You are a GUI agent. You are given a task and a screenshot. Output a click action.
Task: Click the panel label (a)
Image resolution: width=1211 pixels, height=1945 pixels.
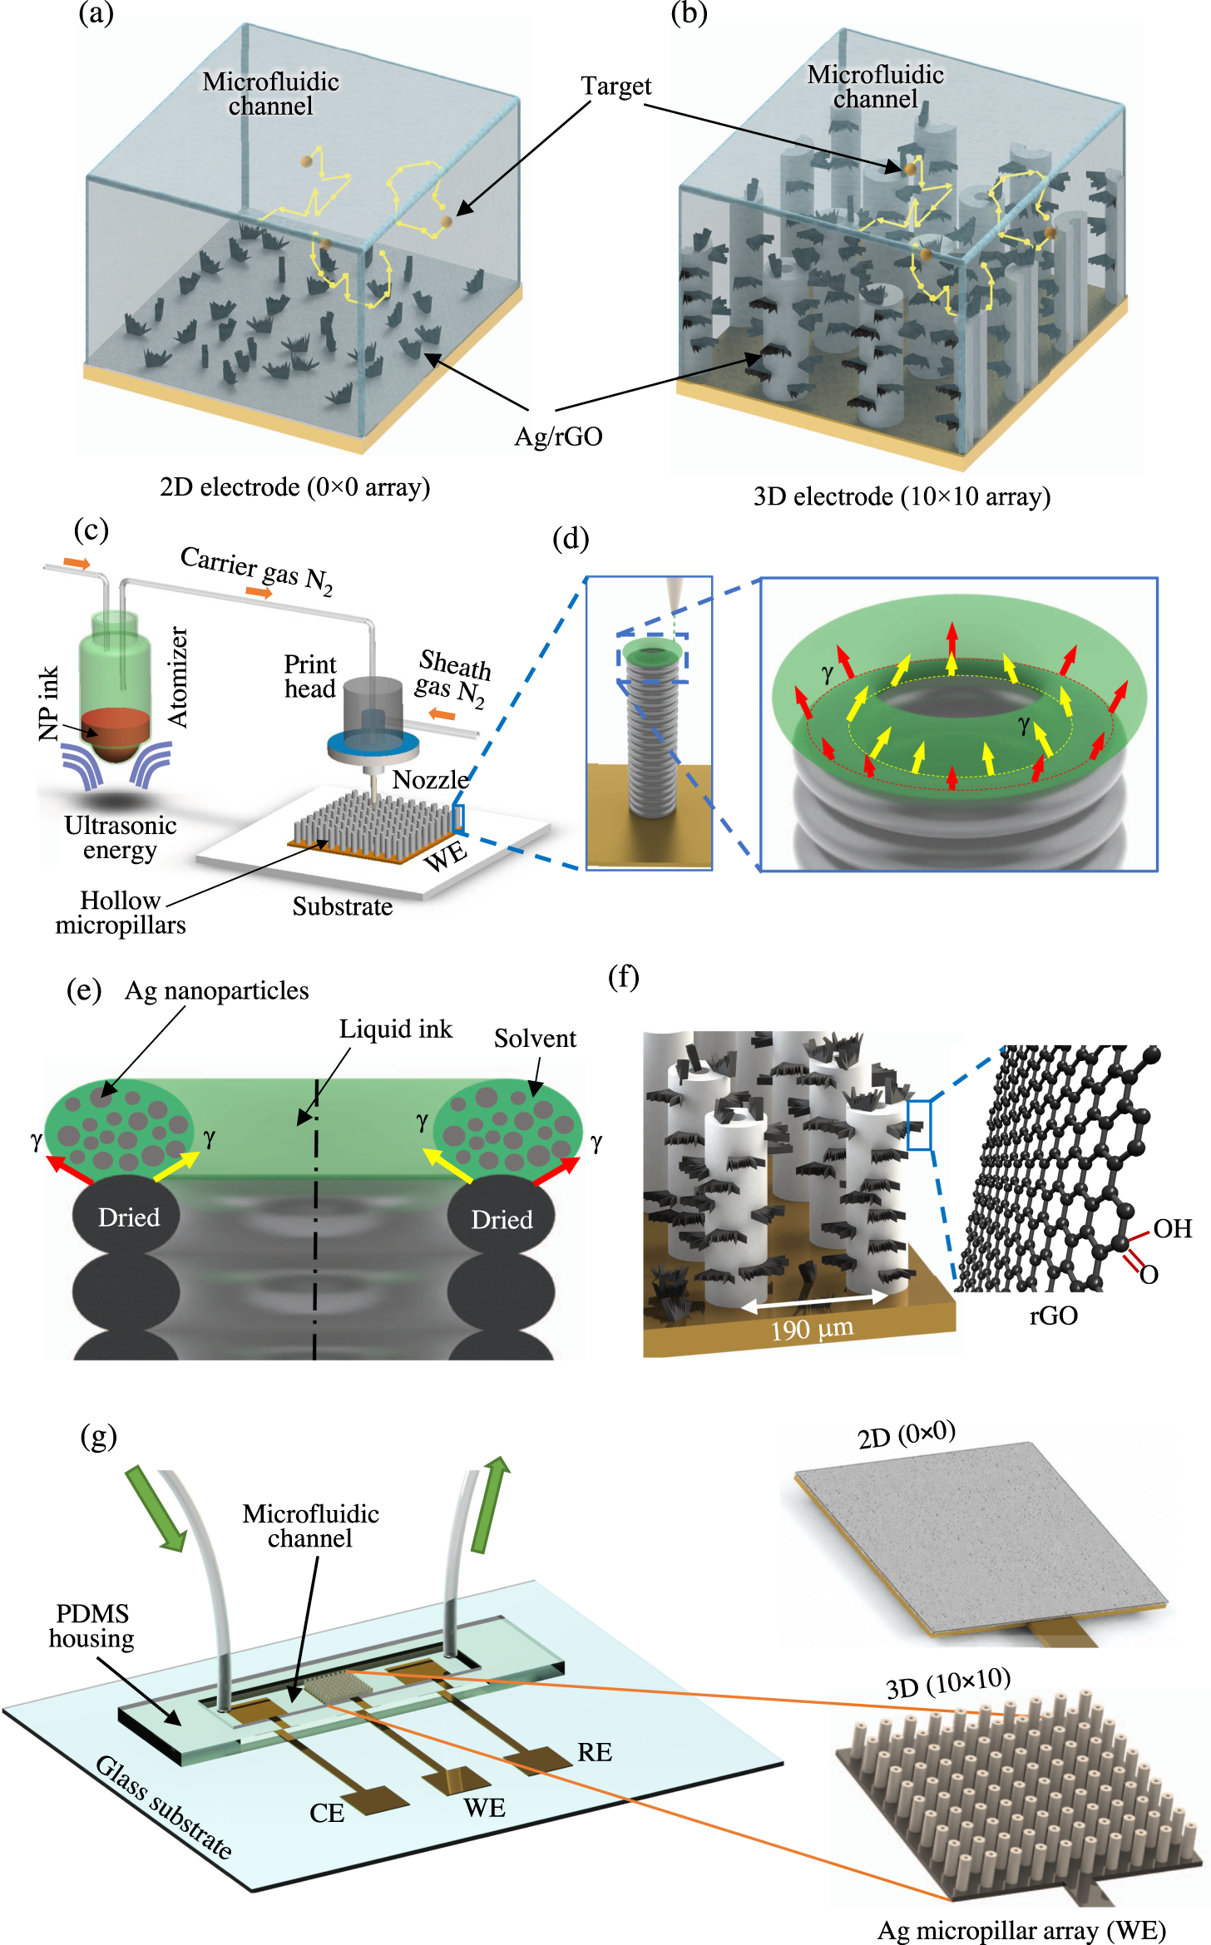pyautogui.click(x=96, y=14)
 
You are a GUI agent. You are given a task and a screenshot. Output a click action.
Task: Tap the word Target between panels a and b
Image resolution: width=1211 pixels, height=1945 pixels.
pyautogui.click(x=615, y=86)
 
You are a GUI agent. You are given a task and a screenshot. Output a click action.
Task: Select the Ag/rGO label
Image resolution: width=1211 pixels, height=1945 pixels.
pyautogui.click(x=558, y=437)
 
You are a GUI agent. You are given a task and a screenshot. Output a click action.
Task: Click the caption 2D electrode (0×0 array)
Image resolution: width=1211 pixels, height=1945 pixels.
pyautogui.click(x=294, y=487)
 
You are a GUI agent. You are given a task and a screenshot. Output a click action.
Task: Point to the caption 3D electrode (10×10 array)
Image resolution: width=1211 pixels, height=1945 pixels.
pyautogui.click(x=902, y=497)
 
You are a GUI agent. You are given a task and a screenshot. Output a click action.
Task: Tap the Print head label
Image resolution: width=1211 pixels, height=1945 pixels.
pyautogui.click(x=310, y=677)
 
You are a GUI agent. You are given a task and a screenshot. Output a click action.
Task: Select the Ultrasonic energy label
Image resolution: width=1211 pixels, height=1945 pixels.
pyautogui.click(x=121, y=838)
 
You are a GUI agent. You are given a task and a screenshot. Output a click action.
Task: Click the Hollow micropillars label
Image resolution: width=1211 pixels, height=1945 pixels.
pyautogui.click(x=121, y=913)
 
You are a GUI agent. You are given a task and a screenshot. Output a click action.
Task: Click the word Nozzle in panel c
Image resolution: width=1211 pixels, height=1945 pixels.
pyautogui.click(x=430, y=780)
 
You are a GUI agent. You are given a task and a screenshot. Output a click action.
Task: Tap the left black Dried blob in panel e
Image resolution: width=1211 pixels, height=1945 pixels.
pyautogui.click(x=128, y=1217)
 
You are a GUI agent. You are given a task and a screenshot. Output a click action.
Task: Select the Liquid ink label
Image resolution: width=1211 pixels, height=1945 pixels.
pyautogui.click(x=395, y=1029)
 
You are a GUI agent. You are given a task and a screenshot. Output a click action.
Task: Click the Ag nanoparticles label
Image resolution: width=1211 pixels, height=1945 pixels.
pyautogui.click(x=216, y=991)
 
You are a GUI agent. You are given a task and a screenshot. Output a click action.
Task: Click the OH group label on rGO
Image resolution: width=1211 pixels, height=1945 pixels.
pyautogui.click(x=1172, y=1229)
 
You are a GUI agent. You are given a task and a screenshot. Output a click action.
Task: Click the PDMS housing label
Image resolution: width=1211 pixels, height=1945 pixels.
pyautogui.click(x=91, y=1627)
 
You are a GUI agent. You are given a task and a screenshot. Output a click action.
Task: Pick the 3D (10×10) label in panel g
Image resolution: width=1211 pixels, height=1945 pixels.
pyautogui.click(x=948, y=1683)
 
